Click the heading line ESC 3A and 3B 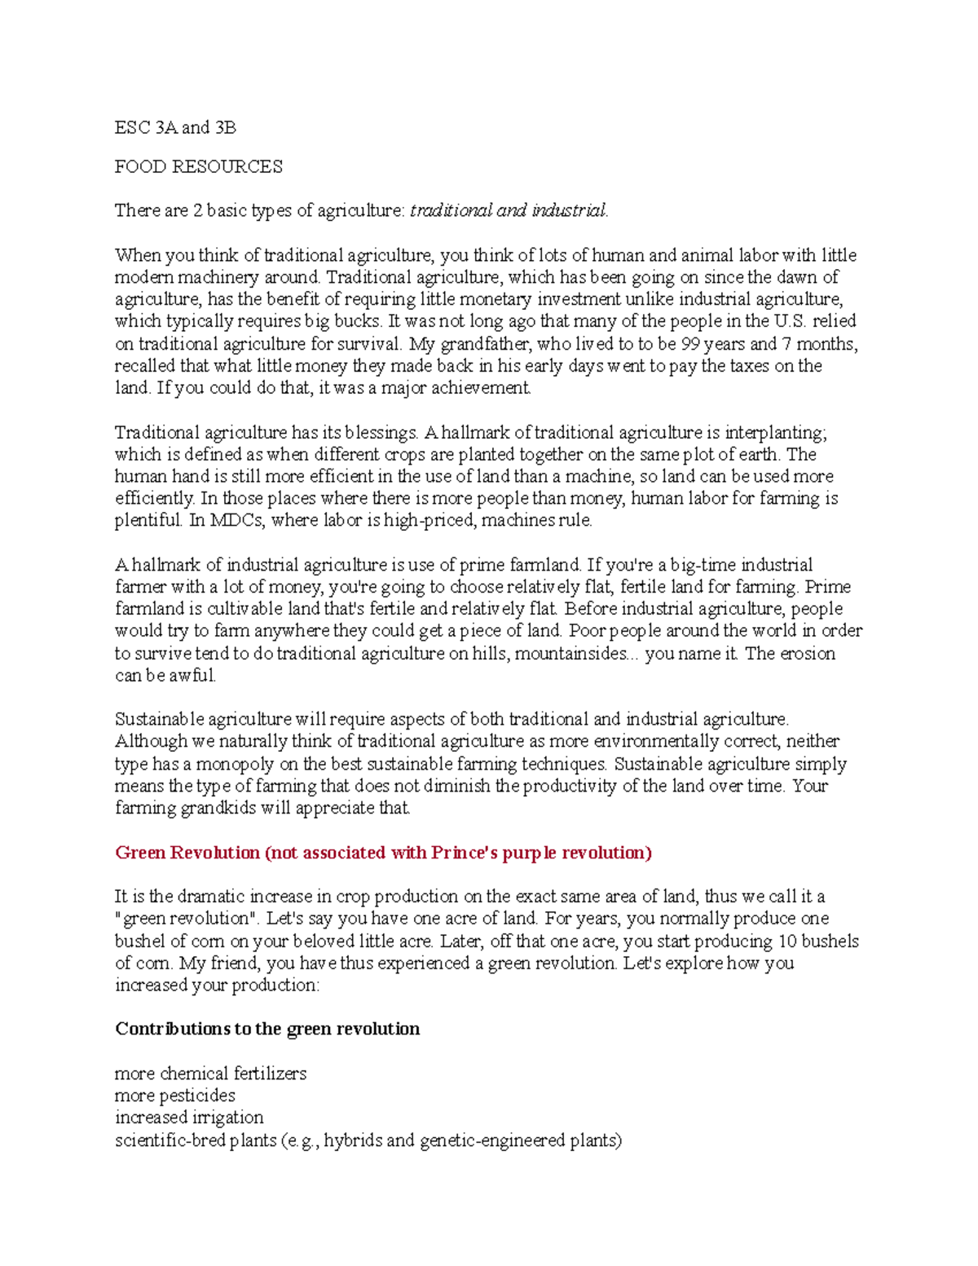[x=175, y=127]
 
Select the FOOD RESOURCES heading [x=198, y=167]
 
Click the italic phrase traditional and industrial [x=508, y=210]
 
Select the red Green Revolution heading [x=383, y=853]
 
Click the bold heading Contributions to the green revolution [x=267, y=1029]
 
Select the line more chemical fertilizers [x=210, y=1074]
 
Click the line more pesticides [x=174, y=1096]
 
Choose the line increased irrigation [x=189, y=1118]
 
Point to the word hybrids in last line [x=353, y=1140]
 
